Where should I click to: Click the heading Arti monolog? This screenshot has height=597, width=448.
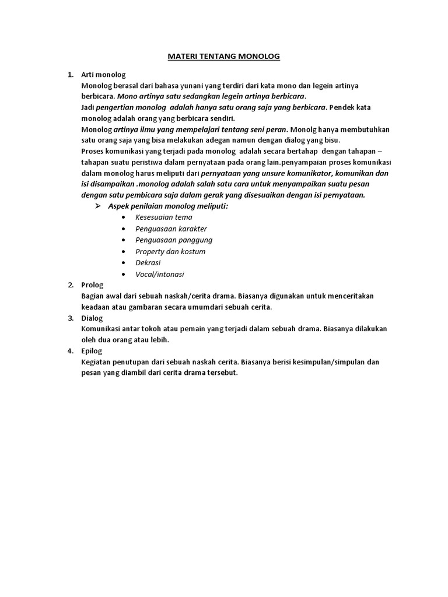point(103,75)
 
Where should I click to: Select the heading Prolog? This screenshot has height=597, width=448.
point(92,285)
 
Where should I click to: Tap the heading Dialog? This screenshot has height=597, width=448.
point(92,318)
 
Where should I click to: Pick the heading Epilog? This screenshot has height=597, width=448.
point(92,350)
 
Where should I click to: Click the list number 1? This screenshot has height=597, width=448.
point(70,75)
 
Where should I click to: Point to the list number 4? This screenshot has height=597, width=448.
point(70,350)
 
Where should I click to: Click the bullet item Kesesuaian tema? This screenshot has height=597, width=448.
point(163,217)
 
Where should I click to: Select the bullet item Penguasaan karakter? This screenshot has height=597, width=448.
point(171,229)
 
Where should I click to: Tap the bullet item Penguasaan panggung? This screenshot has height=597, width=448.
point(174,240)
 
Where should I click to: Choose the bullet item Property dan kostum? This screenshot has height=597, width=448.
point(170,251)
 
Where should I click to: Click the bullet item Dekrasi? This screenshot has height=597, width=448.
point(148,262)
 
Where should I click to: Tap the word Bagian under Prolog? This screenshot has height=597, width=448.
point(94,296)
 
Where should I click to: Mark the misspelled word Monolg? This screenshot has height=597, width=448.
point(303,129)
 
